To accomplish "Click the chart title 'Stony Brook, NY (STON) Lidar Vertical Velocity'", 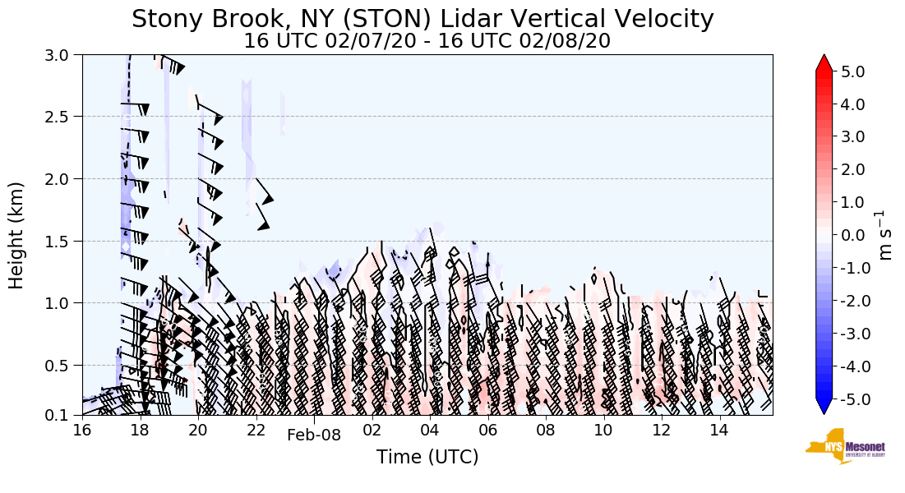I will coord(422,19).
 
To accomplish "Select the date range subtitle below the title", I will coord(427,41).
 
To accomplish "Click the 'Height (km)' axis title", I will coord(17,235).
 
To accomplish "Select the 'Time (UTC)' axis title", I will coord(427,458).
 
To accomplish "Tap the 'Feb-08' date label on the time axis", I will coord(313,435).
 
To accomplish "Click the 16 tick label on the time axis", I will coord(82,430).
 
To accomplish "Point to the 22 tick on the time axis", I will coord(256,430).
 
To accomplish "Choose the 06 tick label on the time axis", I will coord(487,430).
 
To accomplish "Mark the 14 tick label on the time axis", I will coord(719,430).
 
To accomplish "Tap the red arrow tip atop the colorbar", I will coord(824,62).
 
